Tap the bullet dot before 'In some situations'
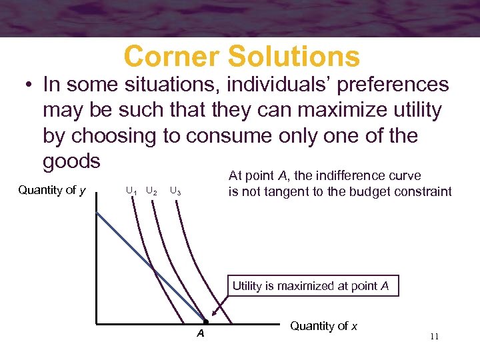click(x=27, y=85)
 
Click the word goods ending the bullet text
click(x=71, y=161)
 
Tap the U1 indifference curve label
click(x=132, y=191)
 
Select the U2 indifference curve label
click(x=152, y=191)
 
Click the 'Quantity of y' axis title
click(x=52, y=190)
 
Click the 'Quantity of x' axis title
click(x=324, y=326)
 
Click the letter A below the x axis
click(x=200, y=333)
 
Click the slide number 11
click(x=434, y=337)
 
